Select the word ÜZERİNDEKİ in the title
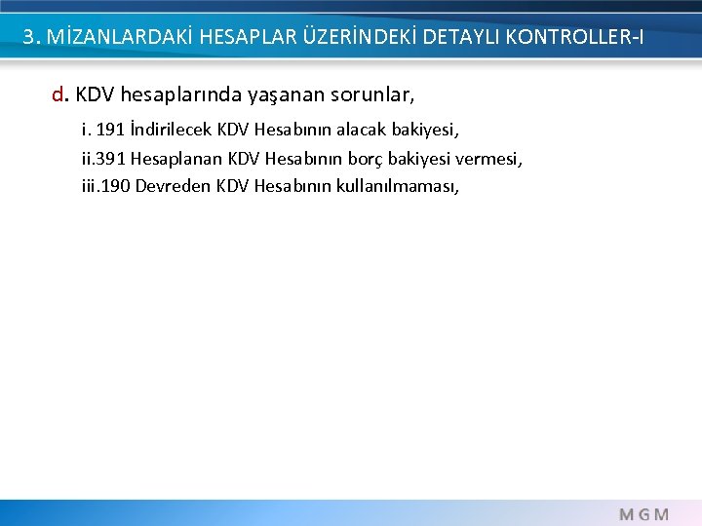click(350, 38)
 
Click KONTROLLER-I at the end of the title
click(574, 38)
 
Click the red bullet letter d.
click(58, 95)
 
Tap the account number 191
click(110, 130)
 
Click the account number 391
click(110, 157)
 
